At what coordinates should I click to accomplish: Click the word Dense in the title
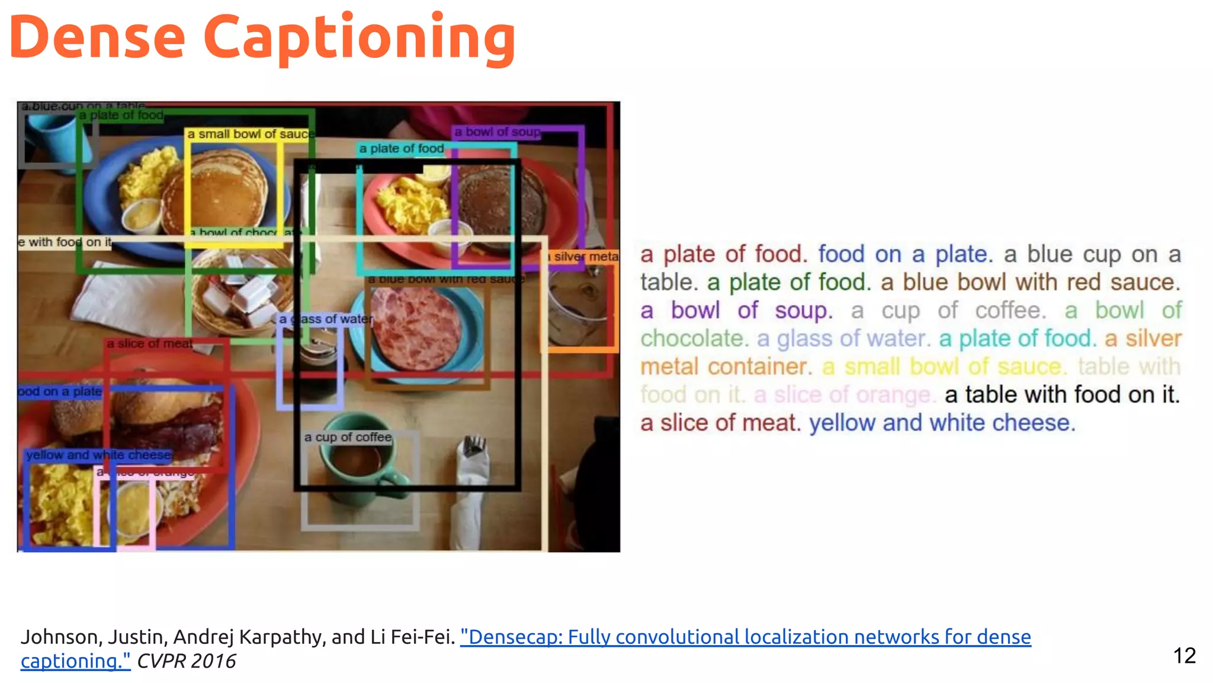[x=98, y=39]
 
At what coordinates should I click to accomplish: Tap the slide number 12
[x=1184, y=655]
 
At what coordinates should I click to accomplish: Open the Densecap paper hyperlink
[x=745, y=637]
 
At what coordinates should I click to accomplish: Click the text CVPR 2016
[x=186, y=661]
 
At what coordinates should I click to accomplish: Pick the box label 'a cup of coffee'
[x=348, y=438]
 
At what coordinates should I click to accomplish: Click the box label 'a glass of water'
[x=326, y=319]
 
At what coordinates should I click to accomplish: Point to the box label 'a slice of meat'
[x=149, y=344]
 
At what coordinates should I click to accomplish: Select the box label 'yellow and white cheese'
[x=98, y=455]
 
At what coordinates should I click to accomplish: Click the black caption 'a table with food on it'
[x=1062, y=395]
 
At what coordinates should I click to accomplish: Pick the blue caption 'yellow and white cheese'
[x=942, y=423]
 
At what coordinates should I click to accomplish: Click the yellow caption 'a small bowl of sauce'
[x=944, y=367]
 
